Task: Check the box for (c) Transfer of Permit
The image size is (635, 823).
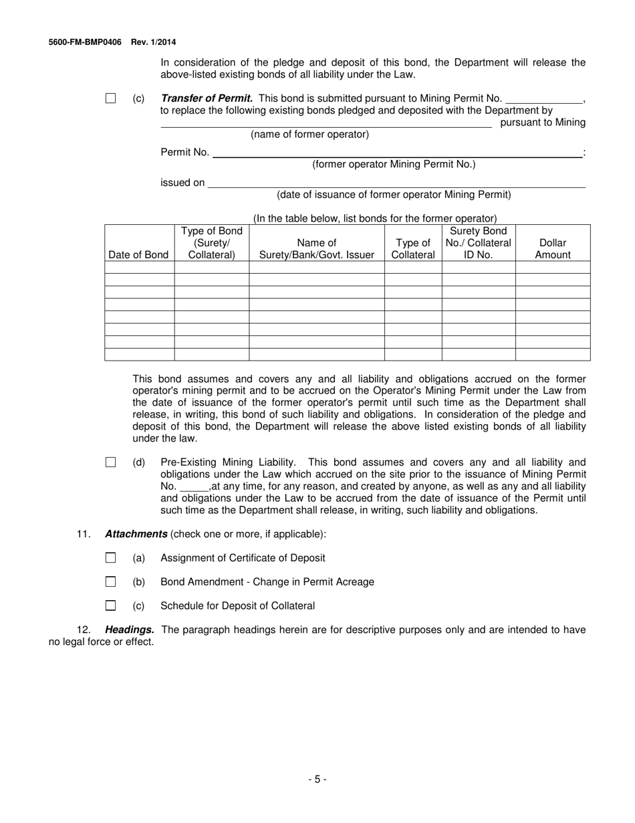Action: click(111, 98)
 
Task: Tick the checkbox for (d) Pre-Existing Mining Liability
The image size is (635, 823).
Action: click(111, 462)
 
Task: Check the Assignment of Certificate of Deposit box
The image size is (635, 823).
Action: click(111, 557)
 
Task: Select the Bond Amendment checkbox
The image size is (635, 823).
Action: click(111, 581)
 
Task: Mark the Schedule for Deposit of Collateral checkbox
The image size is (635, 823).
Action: click(111, 606)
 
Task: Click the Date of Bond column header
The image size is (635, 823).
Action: click(138, 254)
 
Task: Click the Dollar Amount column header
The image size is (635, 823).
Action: click(553, 248)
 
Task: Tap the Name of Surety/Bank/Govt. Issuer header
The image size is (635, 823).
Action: click(316, 248)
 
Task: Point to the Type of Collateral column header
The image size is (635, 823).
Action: click(412, 248)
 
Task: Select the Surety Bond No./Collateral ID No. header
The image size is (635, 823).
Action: click(478, 243)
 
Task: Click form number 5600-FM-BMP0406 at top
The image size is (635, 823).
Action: click(85, 42)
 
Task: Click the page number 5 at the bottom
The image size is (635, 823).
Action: click(317, 779)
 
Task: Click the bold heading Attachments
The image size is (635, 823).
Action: click(136, 534)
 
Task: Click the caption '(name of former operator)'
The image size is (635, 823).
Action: click(309, 134)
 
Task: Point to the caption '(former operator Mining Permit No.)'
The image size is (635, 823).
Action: click(394, 165)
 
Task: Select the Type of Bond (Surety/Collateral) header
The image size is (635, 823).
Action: click(211, 243)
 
